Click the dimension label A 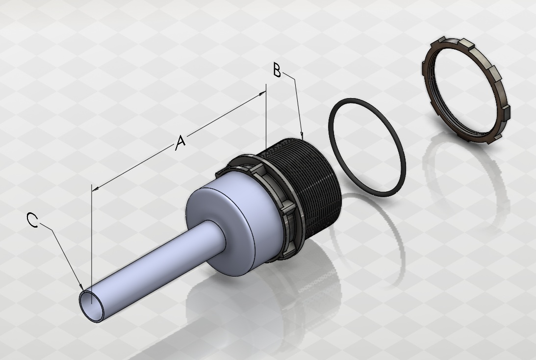coord(180,143)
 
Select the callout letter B coord(277,70)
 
